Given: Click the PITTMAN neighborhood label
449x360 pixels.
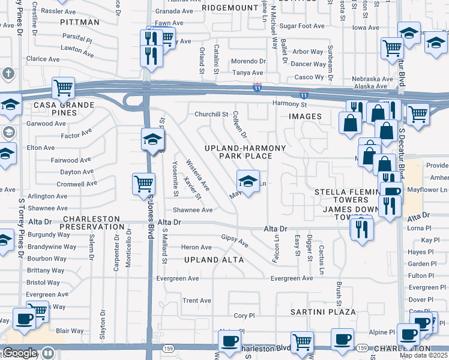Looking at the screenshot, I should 80,22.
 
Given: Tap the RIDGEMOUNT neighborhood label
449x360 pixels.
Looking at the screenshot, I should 229,8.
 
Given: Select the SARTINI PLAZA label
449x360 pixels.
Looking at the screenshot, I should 322,313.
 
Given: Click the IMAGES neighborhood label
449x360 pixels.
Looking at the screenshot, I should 305,116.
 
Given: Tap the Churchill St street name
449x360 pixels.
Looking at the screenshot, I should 211,114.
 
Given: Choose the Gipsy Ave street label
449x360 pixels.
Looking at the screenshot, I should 235,241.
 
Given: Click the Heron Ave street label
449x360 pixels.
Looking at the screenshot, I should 196,247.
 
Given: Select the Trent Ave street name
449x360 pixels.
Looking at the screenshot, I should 197,301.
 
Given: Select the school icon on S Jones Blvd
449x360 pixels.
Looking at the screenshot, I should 152,140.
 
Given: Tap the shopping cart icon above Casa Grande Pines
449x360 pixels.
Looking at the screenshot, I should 63,88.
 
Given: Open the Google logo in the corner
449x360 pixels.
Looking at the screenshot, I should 19,353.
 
